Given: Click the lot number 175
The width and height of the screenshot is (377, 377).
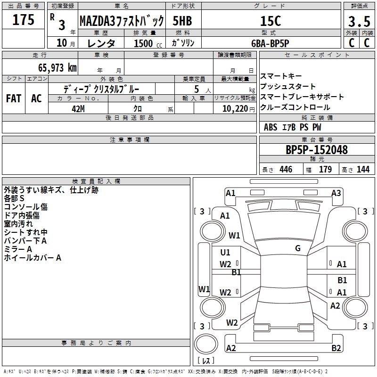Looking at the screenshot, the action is (x=24, y=20).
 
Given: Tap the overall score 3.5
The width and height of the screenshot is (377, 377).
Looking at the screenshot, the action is (x=359, y=22).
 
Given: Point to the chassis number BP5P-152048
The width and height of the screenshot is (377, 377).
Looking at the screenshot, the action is (x=317, y=150).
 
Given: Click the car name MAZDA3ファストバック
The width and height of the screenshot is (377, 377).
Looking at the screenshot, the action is (x=122, y=21).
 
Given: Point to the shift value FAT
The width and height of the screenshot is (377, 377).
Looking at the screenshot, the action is (x=13, y=98).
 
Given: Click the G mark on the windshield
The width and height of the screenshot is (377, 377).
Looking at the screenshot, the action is (x=298, y=248).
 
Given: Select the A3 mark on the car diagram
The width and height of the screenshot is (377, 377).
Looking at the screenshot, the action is (x=336, y=193).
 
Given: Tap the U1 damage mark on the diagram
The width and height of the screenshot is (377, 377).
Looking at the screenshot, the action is (x=225, y=252).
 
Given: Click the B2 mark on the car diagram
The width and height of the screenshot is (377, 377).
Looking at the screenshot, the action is (x=336, y=348).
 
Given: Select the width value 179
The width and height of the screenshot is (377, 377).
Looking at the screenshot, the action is (x=325, y=170).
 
